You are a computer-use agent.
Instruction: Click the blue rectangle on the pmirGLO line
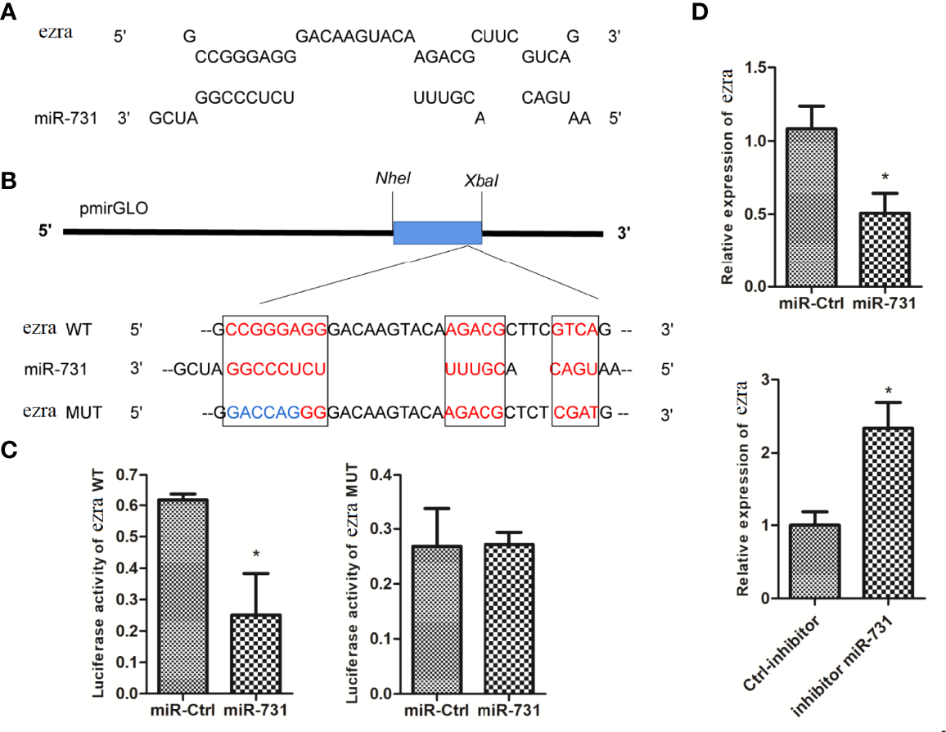click(x=437, y=232)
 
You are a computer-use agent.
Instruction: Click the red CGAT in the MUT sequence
click(x=577, y=415)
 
